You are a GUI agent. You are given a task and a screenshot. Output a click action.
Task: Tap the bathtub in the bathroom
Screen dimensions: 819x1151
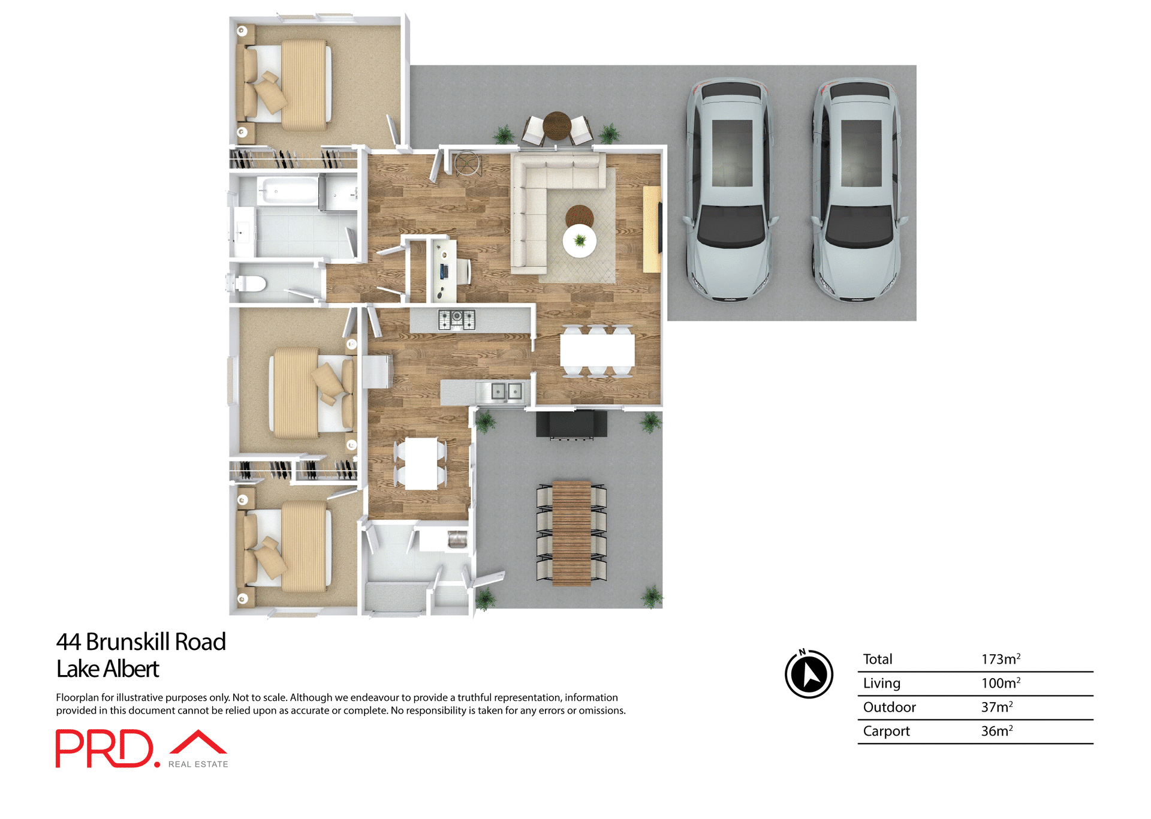click(x=288, y=191)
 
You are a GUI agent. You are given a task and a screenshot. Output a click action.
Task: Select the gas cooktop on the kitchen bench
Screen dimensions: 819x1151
click(x=456, y=320)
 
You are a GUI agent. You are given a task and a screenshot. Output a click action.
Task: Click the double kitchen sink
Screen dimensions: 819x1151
click(x=507, y=392)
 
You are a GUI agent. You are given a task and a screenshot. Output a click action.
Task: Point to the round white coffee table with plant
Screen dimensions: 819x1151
click(x=580, y=241)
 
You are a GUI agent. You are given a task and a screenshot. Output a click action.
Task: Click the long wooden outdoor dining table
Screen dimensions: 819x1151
click(x=571, y=532)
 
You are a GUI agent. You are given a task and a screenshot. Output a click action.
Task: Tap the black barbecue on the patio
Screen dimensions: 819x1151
click(x=571, y=424)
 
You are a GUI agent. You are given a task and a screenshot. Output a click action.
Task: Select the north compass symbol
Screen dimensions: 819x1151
click(x=809, y=674)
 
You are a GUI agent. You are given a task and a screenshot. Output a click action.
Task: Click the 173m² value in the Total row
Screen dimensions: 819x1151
click(x=1000, y=659)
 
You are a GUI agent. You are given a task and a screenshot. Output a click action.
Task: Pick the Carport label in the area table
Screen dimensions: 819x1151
click(x=886, y=731)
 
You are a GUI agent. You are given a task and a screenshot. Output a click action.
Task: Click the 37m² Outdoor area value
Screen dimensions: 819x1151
click(x=996, y=707)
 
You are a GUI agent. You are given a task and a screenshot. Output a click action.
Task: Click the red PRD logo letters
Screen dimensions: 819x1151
click(x=105, y=748)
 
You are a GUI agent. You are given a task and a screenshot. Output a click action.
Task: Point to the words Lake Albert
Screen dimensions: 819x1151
click(x=108, y=669)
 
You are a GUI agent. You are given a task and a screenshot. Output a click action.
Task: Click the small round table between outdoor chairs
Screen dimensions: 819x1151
click(x=557, y=125)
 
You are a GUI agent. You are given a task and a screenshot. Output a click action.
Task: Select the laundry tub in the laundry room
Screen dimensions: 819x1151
click(x=457, y=539)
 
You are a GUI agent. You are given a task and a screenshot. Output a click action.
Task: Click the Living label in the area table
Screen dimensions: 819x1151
click(x=881, y=683)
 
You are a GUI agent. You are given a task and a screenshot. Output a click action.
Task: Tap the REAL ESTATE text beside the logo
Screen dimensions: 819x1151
click(x=198, y=764)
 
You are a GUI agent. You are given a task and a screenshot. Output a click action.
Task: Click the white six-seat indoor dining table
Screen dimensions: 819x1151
click(x=597, y=351)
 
